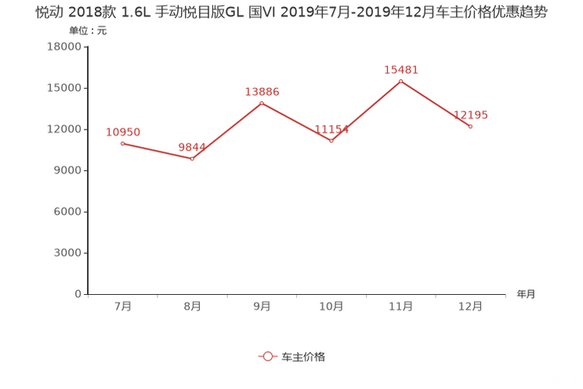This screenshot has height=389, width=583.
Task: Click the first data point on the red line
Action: coord(122,143)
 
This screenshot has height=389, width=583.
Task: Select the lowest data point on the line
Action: coord(193,159)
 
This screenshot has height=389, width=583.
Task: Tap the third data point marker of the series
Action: coord(262,103)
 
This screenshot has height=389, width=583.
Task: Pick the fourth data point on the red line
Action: coord(331,141)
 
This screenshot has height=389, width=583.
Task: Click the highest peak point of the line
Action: coord(401,81)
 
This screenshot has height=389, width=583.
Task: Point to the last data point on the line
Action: coord(470,125)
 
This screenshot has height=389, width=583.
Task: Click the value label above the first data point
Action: coord(122,131)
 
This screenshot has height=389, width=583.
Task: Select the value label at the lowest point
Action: coord(192,147)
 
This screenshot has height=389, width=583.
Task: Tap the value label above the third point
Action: coord(262,91)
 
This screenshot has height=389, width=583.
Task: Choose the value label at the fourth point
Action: coord(331,129)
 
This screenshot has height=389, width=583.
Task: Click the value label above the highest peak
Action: coord(401,70)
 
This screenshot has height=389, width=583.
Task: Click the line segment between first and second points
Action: coord(158,151)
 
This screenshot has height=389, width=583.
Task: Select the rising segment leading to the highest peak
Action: coord(367,111)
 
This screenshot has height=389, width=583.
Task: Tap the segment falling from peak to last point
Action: coord(436,104)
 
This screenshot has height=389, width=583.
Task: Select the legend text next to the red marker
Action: coord(302,356)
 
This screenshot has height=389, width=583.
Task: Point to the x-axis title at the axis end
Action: coord(526,295)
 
